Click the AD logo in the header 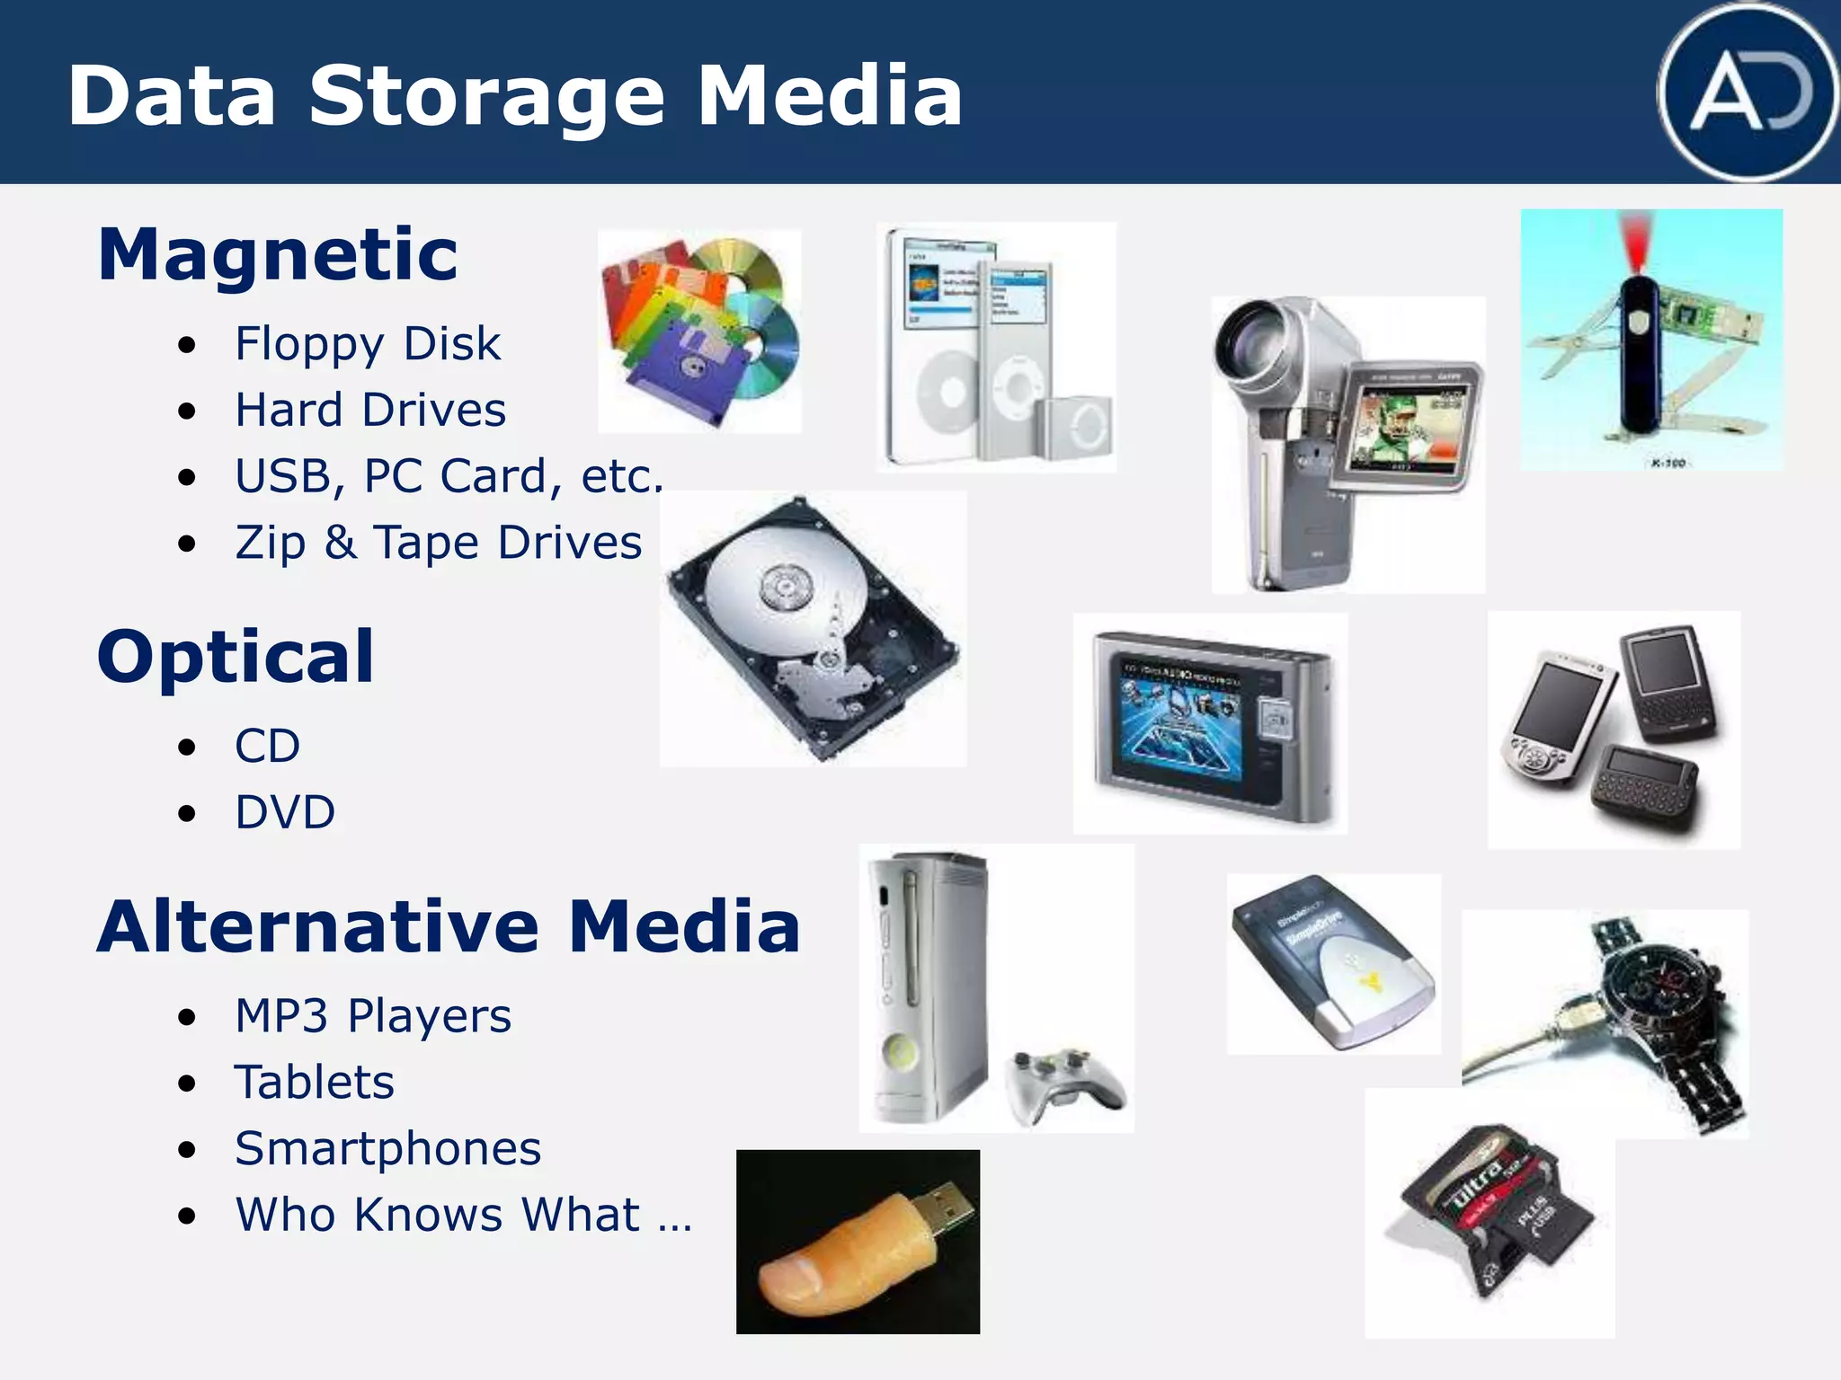[x=1748, y=93]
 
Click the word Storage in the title [x=486, y=97]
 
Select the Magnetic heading [x=278, y=254]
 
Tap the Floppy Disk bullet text [x=368, y=344]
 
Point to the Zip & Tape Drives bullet [x=439, y=543]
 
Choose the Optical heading [x=236, y=657]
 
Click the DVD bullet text [x=285, y=812]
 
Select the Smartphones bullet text [x=388, y=1148]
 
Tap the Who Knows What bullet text [x=463, y=1215]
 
